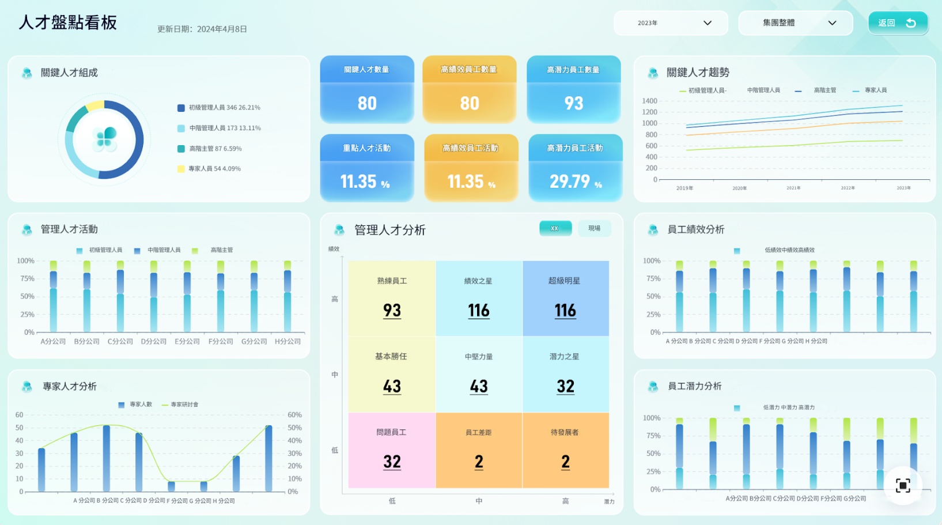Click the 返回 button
897,23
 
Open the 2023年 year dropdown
671,23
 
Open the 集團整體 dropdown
795,23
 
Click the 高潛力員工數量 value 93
573,103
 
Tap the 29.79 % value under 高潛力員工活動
575,182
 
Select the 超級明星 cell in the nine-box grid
565,299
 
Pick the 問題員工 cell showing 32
392,450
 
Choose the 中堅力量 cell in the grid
479,374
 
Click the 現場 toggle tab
594,228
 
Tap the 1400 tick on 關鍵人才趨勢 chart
649,101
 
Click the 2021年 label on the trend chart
793,188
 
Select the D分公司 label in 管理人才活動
154,342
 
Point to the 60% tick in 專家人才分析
294,415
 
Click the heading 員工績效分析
695,229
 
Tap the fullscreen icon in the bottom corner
903,485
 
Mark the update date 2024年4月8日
222,29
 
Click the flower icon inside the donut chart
105,139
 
